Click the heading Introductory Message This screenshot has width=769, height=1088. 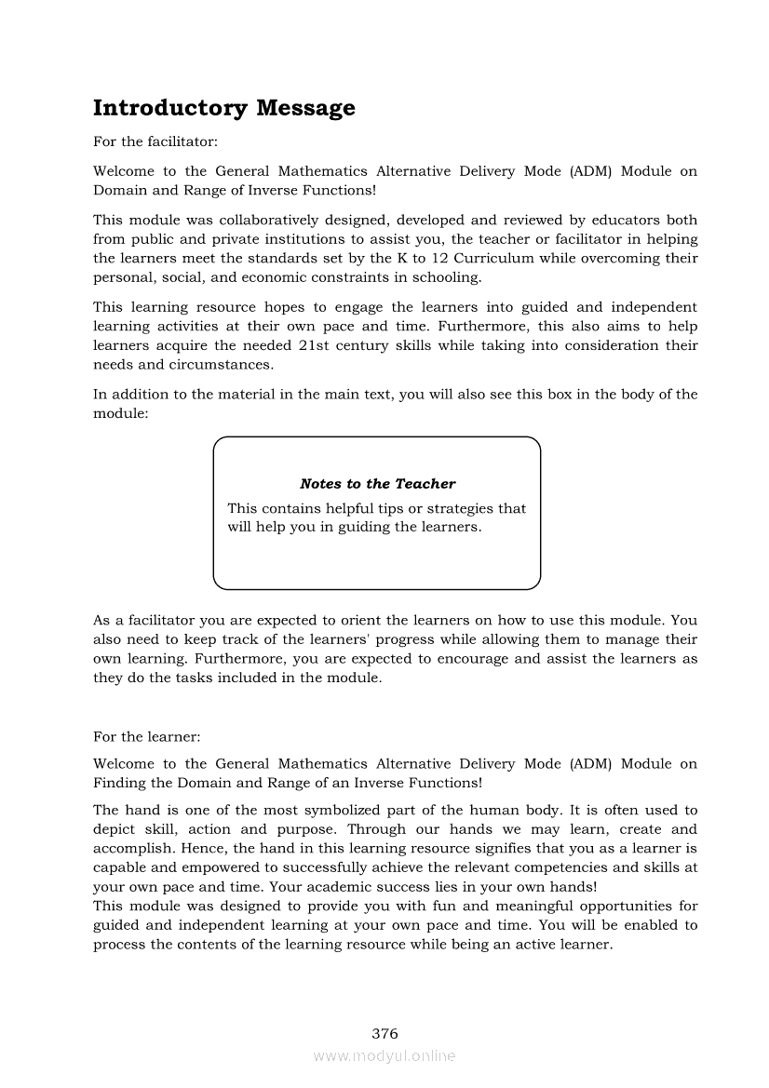(x=223, y=108)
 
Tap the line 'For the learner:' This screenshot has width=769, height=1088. (x=146, y=736)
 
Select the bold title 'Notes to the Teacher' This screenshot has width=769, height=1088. (x=377, y=484)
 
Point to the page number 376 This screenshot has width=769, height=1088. (x=384, y=1033)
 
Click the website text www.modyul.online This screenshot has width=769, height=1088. (x=384, y=1056)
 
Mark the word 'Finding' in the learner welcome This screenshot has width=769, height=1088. (x=119, y=783)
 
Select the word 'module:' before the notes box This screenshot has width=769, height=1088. (x=120, y=412)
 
